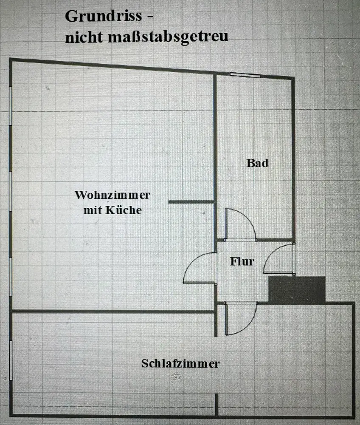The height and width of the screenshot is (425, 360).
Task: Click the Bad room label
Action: [257, 163]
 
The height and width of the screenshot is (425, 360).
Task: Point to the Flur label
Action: [242, 261]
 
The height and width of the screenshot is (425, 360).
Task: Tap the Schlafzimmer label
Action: [180, 364]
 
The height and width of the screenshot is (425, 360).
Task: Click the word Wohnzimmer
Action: [112, 195]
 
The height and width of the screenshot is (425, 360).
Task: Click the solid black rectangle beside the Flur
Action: [297, 290]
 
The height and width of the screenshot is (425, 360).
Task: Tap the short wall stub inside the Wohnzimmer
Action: [191, 202]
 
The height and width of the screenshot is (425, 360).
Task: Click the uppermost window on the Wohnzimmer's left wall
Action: [11, 106]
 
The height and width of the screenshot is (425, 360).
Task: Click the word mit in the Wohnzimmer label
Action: [91, 210]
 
